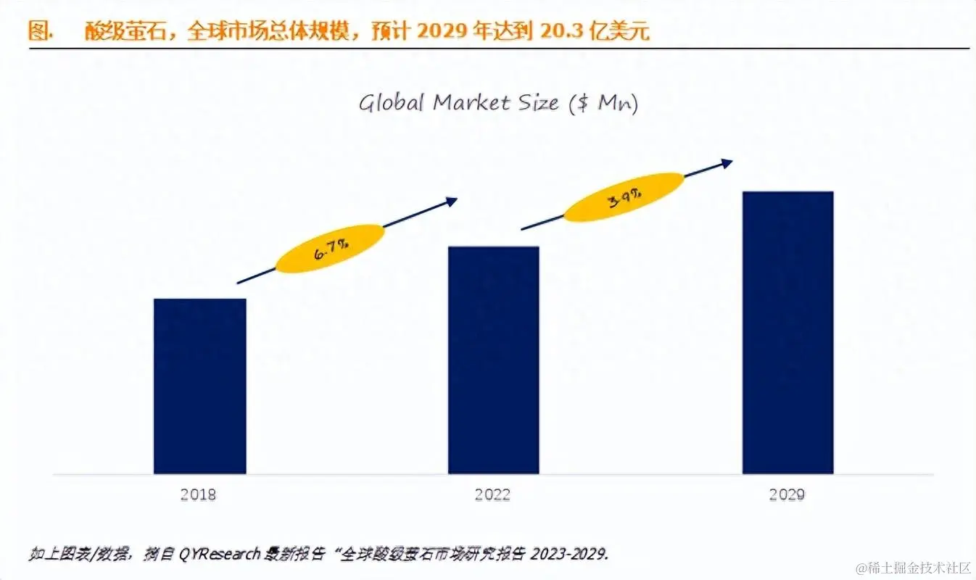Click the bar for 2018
pyautogui.click(x=199, y=386)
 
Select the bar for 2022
pyautogui.click(x=493, y=360)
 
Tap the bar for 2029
pyautogui.click(x=787, y=332)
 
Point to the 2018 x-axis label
pyautogui.click(x=198, y=495)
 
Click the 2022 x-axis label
pyautogui.click(x=492, y=495)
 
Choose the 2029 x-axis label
pyautogui.click(x=787, y=495)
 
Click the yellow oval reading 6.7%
pyautogui.click(x=330, y=249)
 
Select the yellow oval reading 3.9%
pyautogui.click(x=624, y=196)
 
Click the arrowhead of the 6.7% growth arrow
pyautogui.click(x=452, y=201)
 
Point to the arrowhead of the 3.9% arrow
pyautogui.click(x=727, y=162)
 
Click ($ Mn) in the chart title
pyautogui.click(x=603, y=104)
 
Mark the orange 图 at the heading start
pyautogui.click(x=38, y=31)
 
